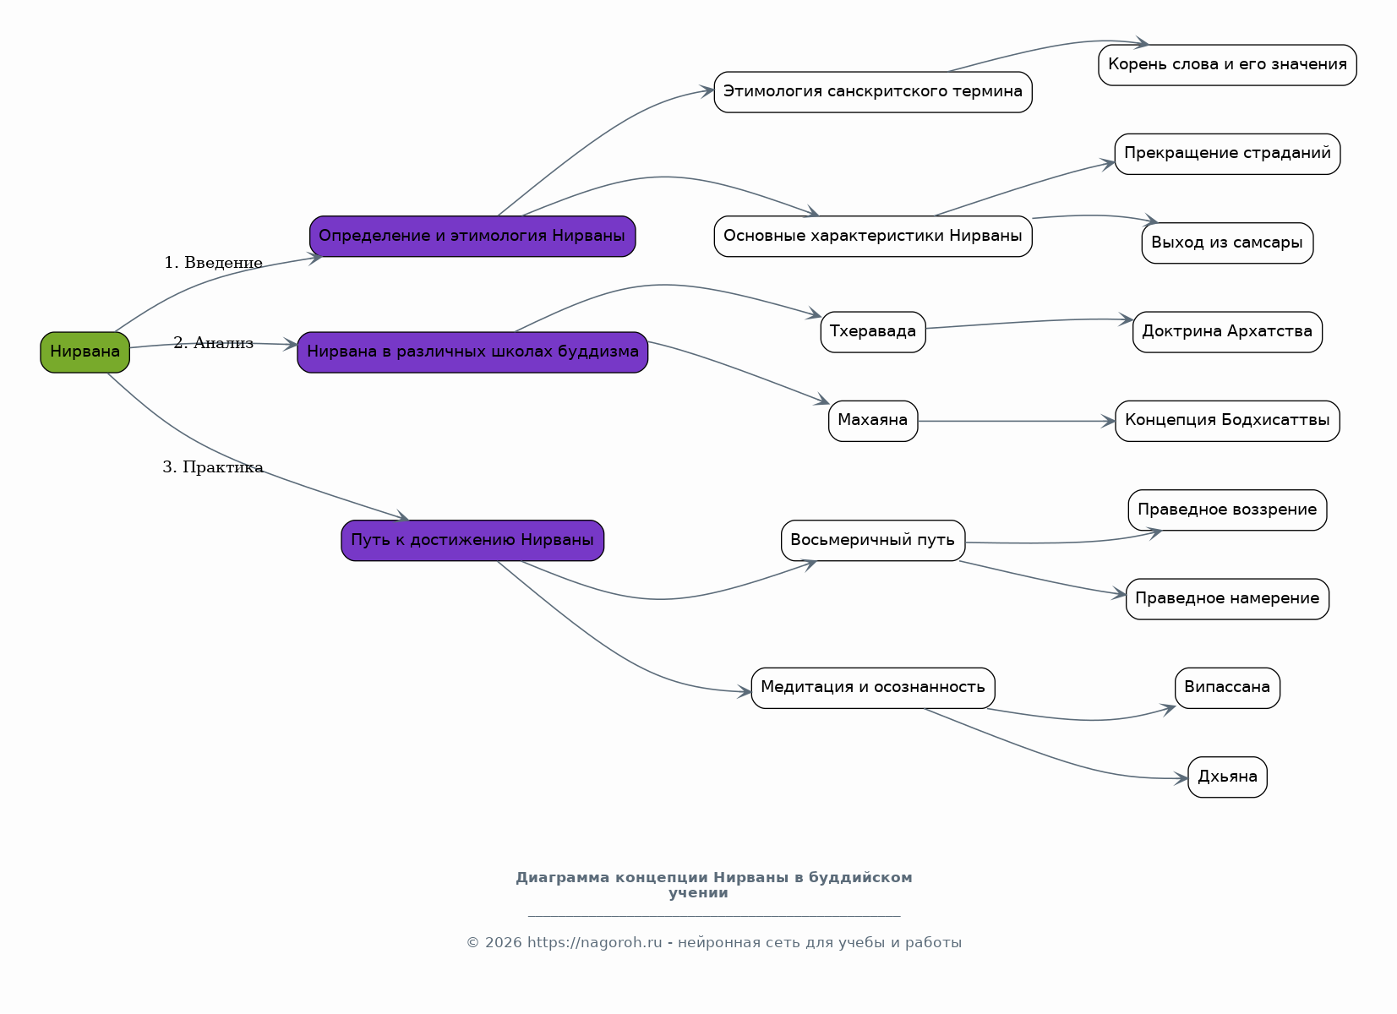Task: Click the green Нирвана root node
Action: coord(85,352)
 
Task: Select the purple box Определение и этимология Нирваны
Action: coord(472,237)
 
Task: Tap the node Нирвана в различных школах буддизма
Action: coord(472,352)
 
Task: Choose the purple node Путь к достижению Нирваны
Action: coord(472,541)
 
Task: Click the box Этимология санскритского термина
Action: coord(872,92)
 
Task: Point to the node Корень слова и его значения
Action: coord(1227,65)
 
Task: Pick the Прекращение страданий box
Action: coord(1227,154)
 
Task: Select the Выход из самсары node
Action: coord(1227,243)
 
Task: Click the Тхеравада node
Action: coord(872,332)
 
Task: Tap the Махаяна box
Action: coord(872,422)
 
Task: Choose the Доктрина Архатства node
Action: coord(1227,332)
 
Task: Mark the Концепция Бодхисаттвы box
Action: coord(1227,422)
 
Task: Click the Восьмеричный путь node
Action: coord(872,541)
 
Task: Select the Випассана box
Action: coord(1227,689)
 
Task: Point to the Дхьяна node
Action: coord(1227,777)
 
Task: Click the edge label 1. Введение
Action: coord(213,263)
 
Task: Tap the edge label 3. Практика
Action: coord(213,467)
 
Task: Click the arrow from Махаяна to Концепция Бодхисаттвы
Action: coord(1017,422)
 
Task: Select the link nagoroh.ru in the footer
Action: coord(594,942)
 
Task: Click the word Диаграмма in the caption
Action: coord(563,877)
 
